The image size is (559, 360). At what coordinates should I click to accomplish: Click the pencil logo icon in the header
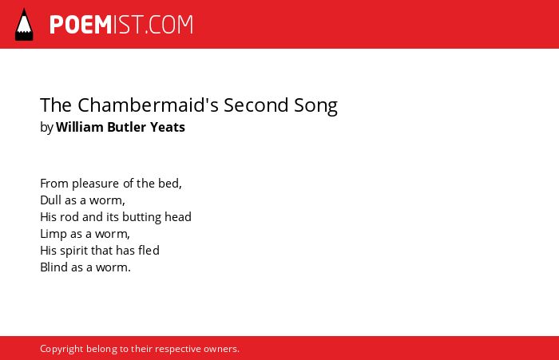(24, 25)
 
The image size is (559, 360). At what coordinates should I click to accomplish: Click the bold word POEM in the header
(81, 25)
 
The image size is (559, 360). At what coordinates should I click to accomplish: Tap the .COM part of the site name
(169, 25)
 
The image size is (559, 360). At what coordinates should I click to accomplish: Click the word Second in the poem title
(256, 105)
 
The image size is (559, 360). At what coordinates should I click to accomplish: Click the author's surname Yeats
(167, 127)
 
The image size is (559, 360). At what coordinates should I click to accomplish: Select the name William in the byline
(79, 127)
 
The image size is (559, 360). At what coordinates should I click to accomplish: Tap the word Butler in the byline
(126, 127)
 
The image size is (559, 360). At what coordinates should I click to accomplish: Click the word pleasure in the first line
(96, 184)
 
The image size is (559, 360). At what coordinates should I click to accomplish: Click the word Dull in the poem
(50, 200)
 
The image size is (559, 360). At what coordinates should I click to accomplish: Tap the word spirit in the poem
(73, 251)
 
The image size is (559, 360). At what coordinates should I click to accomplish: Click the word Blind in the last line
(54, 267)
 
